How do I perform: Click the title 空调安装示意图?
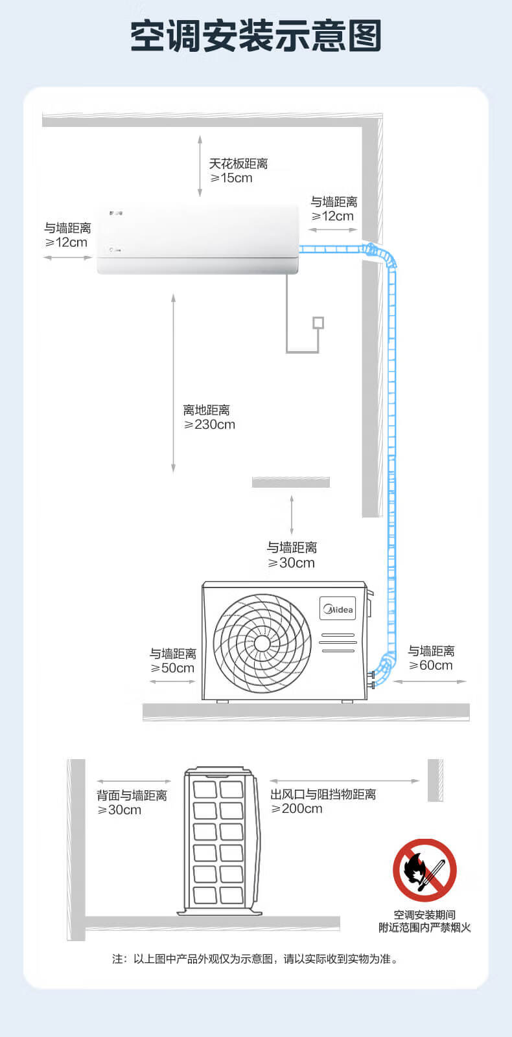click(x=256, y=36)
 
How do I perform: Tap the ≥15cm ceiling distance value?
click(x=231, y=178)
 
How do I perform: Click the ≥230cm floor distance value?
click(x=209, y=424)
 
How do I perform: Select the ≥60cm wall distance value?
click(x=430, y=665)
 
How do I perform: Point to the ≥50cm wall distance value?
click(x=172, y=668)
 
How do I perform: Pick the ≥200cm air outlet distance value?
click(x=297, y=809)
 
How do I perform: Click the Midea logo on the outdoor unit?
click(x=338, y=609)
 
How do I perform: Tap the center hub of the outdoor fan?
click(x=262, y=643)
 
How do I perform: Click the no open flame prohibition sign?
click(x=425, y=871)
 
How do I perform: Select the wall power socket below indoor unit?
click(x=318, y=323)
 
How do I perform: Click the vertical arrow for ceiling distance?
click(x=200, y=166)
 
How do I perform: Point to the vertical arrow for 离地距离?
click(x=173, y=383)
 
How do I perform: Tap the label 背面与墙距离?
click(x=132, y=795)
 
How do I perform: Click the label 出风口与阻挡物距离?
click(x=323, y=794)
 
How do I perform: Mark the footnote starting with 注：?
click(x=255, y=959)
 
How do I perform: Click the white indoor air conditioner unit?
click(x=198, y=239)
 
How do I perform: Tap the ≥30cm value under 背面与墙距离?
click(x=119, y=810)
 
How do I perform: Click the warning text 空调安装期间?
click(x=425, y=915)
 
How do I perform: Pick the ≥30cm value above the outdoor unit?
click(x=292, y=563)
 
